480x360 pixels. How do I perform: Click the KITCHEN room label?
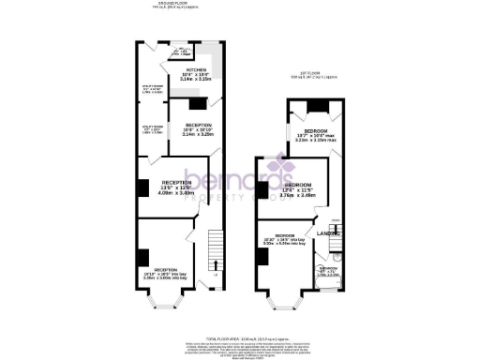(x=197, y=69)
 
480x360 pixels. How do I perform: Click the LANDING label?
(x=327, y=232)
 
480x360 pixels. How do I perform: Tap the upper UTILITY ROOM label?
(x=152, y=90)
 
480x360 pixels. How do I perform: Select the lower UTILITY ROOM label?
(x=152, y=127)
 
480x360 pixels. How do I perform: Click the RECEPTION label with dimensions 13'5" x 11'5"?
(x=177, y=183)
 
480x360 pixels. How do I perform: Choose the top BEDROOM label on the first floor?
(x=315, y=131)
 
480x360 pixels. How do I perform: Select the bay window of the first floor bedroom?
(x=279, y=300)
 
